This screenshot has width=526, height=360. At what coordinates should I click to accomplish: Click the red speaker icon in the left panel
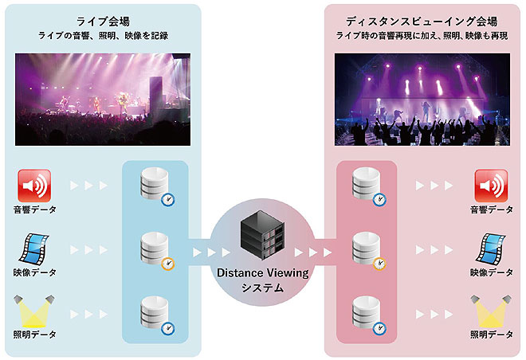click(x=34, y=186)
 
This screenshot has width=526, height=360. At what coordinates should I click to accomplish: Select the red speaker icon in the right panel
click(x=491, y=186)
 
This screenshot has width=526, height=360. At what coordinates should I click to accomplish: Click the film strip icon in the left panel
click(x=34, y=248)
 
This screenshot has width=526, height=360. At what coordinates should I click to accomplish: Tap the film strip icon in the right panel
click(x=491, y=248)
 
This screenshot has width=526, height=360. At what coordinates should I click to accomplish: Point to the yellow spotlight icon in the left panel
click(x=34, y=310)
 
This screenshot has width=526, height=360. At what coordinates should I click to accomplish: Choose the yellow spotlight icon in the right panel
click(x=491, y=310)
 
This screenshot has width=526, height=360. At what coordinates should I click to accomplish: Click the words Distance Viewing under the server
click(x=262, y=273)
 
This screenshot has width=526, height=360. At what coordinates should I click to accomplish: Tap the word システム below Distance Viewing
click(x=262, y=288)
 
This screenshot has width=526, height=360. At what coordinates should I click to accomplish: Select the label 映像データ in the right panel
click(x=491, y=272)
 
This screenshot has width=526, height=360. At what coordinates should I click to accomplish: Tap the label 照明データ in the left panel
click(x=34, y=334)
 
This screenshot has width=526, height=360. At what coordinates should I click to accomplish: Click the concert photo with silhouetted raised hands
click(x=422, y=99)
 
